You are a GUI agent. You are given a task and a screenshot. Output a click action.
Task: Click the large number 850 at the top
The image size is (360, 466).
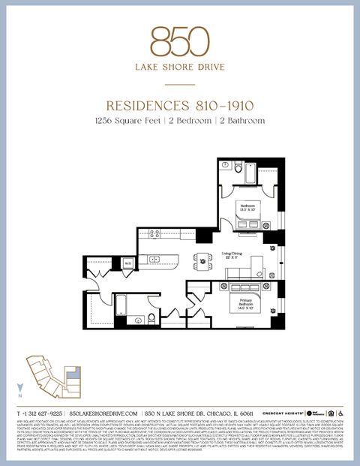(x=179, y=41)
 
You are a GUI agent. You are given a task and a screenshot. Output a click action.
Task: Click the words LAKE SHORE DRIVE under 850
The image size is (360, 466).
(x=179, y=68)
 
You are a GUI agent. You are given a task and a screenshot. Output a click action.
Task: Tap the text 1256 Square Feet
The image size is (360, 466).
(x=127, y=120)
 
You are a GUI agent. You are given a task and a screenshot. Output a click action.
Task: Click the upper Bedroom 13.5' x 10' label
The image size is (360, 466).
(x=248, y=207)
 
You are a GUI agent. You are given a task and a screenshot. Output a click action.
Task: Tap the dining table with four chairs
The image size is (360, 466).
(x=202, y=261)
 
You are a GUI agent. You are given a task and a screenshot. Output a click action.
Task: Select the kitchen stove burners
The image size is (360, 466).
(x=155, y=234)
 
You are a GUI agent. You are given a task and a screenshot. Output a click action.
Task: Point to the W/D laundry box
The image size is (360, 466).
(x=128, y=263)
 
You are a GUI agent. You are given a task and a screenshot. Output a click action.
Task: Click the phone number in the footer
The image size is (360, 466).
(x=41, y=413)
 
